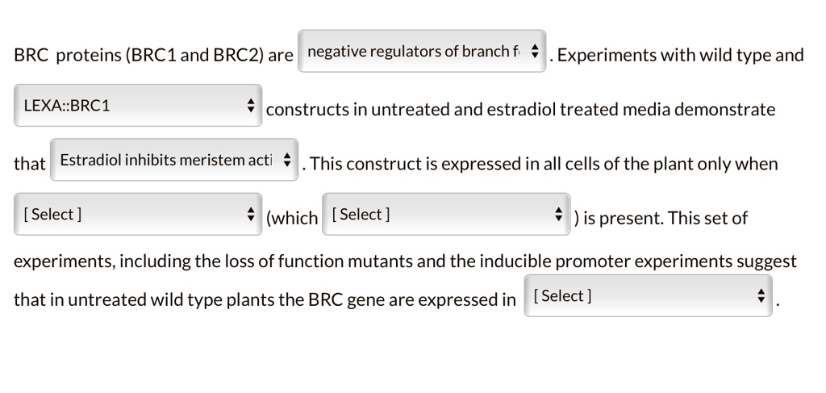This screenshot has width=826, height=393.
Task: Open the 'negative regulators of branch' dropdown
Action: pos(422,52)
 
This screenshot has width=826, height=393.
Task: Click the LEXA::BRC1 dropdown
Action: pos(138,106)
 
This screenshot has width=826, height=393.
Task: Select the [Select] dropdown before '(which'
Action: pos(138,214)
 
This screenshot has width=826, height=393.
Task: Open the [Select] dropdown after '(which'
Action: pos(446,214)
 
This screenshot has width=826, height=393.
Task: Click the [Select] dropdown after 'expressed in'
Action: pos(649,295)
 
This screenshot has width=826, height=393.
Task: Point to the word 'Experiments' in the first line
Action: pos(606,56)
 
